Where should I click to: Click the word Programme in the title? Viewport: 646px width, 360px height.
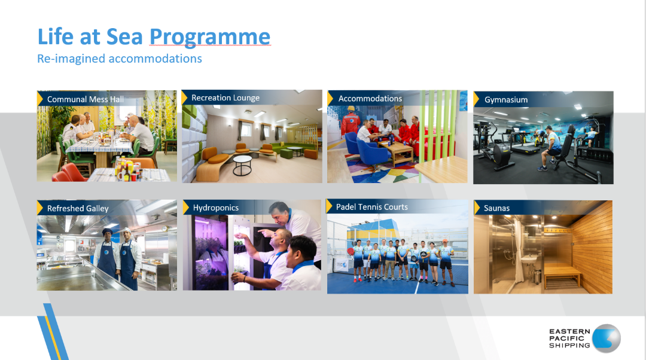210,37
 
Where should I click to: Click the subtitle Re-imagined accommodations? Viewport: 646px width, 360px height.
120,59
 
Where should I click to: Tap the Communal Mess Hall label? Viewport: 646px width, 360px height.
86,99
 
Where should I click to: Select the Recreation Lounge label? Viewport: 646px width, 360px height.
226,97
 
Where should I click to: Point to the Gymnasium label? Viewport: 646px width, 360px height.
506,100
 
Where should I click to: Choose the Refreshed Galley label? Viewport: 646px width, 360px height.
78,209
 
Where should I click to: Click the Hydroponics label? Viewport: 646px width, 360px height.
215,208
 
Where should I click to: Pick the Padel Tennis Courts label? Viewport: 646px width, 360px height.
371,207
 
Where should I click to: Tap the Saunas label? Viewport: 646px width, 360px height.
496,208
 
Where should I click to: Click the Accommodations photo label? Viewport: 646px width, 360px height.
370,99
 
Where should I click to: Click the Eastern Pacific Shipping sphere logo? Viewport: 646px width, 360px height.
606,338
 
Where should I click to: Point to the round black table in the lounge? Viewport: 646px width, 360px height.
242,165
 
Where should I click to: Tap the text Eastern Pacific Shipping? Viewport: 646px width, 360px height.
570,338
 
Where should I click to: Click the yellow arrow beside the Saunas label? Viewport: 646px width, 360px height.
477,208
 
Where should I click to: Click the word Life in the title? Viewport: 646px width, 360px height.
56,36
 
